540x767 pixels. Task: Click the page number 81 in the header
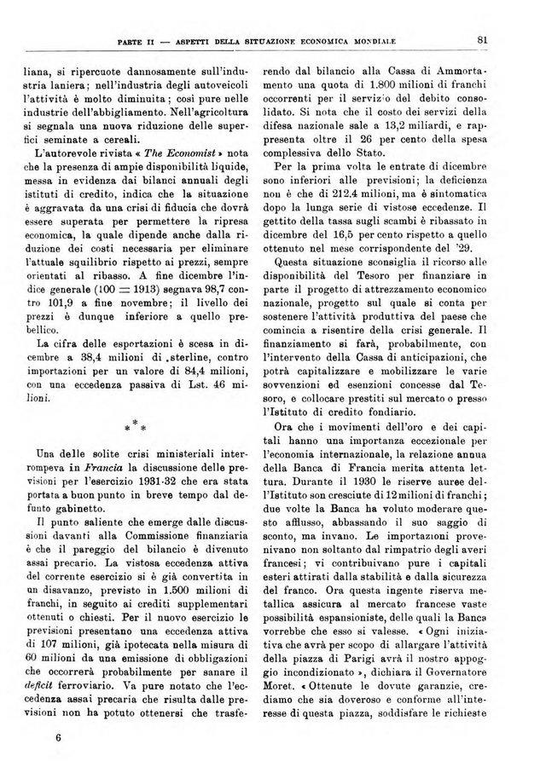(482, 38)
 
